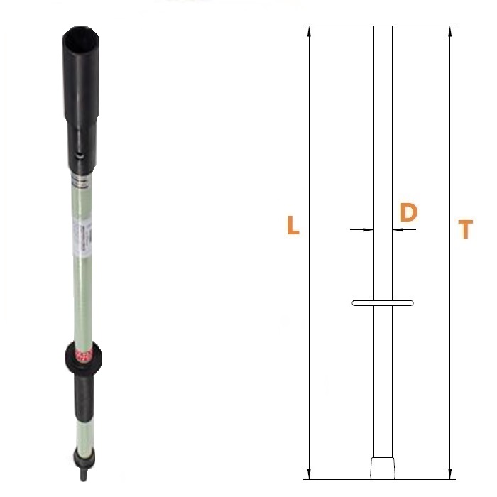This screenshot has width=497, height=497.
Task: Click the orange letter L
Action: coord(293,225)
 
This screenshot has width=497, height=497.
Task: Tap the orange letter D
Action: coord(408,212)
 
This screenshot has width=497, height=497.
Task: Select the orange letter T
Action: coord(465,229)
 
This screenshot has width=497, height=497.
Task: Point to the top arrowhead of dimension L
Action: coord(310,31)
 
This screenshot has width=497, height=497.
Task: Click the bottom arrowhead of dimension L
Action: coord(310,474)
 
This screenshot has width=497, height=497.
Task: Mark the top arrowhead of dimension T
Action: coord(449,31)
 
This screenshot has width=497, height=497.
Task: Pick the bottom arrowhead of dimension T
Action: coord(449,474)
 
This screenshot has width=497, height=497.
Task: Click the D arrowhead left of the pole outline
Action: coord(368,229)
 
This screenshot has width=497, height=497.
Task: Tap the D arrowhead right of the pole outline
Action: coord(398,229)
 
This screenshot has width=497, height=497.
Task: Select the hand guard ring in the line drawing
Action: coord(383,303)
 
